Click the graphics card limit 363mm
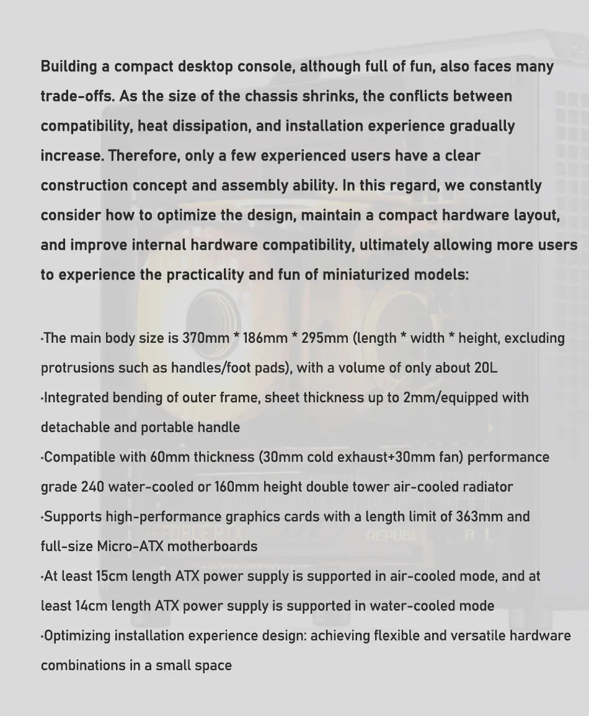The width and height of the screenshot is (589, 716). tap(479, 517)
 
